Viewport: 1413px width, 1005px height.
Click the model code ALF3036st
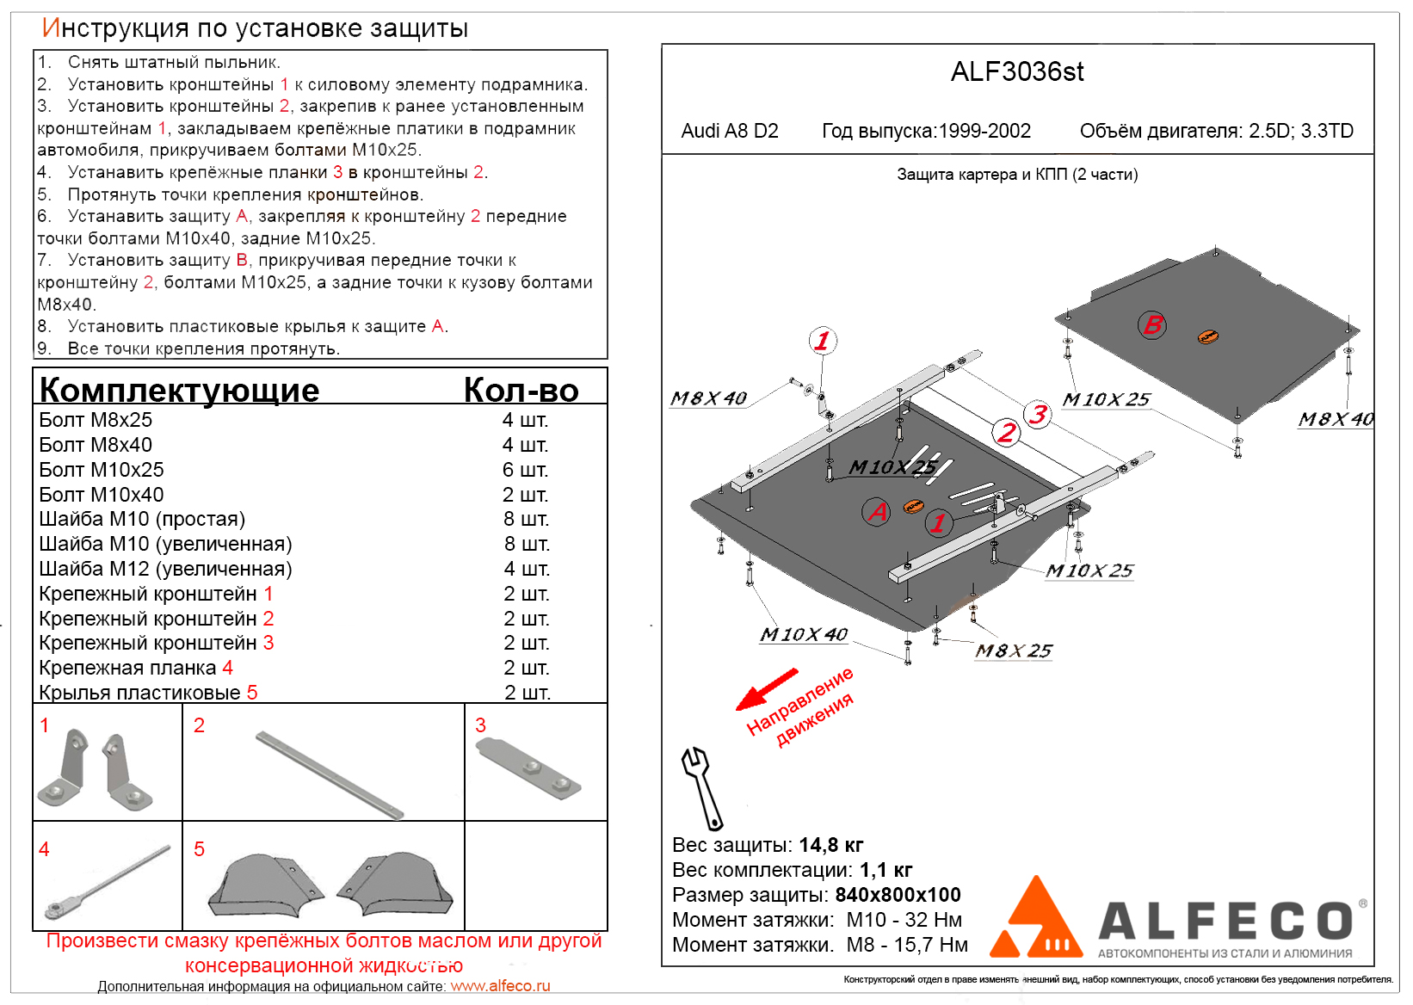tap(1016, 71)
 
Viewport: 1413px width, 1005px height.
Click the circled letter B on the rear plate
tap(1152, 324)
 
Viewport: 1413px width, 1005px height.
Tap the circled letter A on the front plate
tap(876, 512)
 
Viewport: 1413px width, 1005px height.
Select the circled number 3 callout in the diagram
tap(1039, 415)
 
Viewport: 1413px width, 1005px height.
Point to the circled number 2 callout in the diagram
tap(1005, 432)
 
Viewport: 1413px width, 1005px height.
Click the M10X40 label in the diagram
tap(803, 635)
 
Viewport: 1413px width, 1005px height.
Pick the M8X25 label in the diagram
tap(1013, 651)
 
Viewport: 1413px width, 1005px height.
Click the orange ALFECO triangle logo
tap(1036, 921)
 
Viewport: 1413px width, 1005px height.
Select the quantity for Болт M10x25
tap(525, 470)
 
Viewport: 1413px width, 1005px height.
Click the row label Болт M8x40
tap(96, 445)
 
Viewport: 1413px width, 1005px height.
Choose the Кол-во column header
tap(521, 390)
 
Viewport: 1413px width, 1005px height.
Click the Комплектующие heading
tap(179, 390)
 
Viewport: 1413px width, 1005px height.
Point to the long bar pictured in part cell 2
tap(329, 774)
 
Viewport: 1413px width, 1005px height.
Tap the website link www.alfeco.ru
tap(500, 986)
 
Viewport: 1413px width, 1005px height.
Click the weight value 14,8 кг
tap(830, 845)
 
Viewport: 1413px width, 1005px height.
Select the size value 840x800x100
tap(898, 895)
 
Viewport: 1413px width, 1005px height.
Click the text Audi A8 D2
tap(730, 131)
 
